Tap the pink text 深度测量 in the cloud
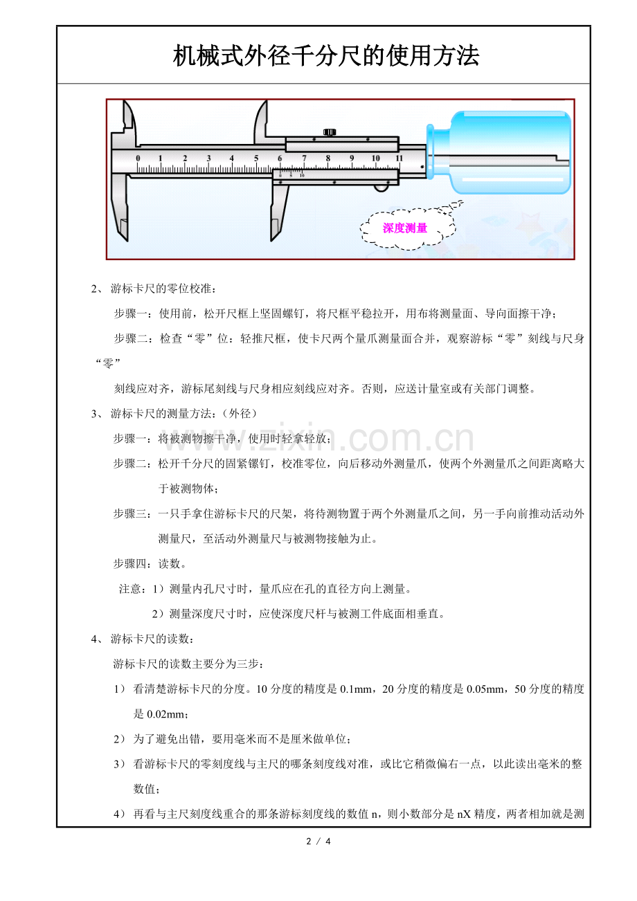coord(405,228)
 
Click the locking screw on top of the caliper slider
coord(330,132)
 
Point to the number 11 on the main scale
coord(399,158)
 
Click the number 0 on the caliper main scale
coord(138,158)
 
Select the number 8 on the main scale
coord(328,158)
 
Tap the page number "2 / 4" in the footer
coord(318,842)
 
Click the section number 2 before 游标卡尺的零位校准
coord(95,289)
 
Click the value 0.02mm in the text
coord(159,714)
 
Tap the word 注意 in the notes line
coord(130,589)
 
